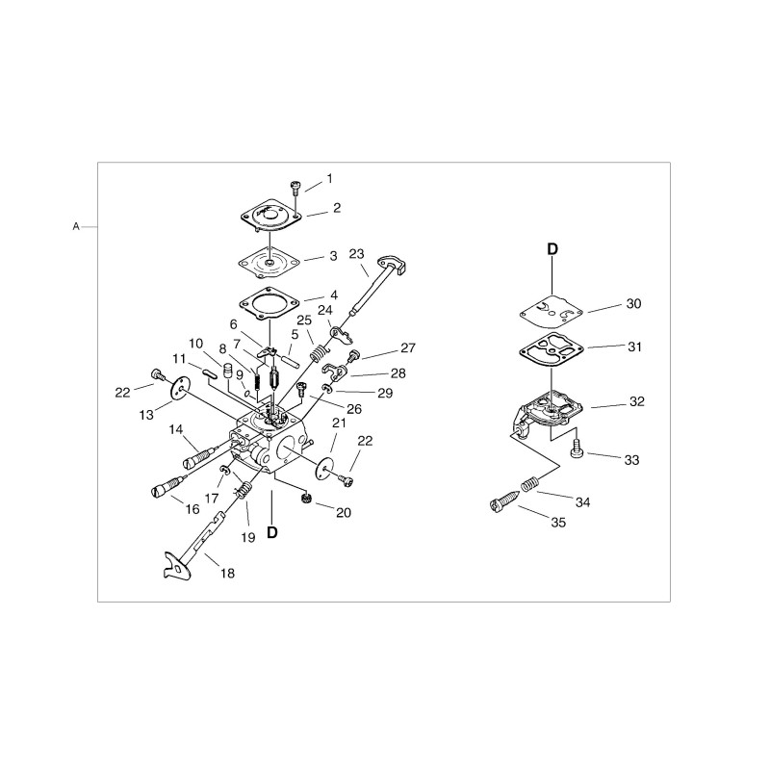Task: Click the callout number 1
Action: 329,178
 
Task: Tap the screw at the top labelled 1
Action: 295,186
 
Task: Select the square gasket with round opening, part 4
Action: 269,304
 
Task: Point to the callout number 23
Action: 356,254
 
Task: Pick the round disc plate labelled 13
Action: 181,390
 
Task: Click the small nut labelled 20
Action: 305,499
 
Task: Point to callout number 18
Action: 227,573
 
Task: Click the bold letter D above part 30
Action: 552,249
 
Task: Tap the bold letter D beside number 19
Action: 271,532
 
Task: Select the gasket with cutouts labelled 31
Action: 552,350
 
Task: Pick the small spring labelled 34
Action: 527,483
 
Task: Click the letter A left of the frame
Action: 76,227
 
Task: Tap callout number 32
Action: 636,401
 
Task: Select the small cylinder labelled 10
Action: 227,370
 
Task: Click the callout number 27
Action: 408,347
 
